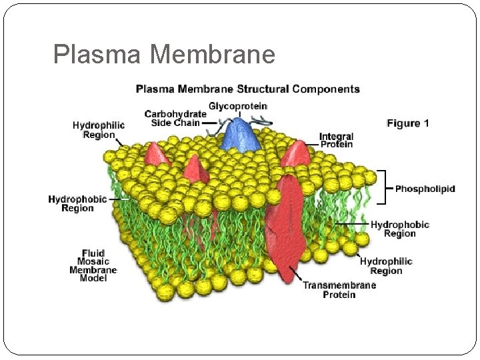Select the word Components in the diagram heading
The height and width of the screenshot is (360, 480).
tap(325, 89)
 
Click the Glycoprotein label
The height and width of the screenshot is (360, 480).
tap(238, 105)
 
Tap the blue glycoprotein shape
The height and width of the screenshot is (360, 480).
tap(241, 134)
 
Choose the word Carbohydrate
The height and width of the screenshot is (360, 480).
tap(176, 114)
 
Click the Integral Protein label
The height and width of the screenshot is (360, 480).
tap(336, 140)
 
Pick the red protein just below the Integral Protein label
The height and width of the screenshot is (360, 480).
tap(295, 154)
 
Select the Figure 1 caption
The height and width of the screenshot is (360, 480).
tap(408, 123)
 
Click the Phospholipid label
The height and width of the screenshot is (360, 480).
tap(425, 189)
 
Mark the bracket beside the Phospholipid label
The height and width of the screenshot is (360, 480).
tap(383, 187)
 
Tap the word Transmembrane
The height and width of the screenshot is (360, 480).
tap(339, 285)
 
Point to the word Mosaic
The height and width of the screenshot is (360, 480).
tap(93, 261)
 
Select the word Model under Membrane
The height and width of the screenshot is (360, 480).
tap(93, 278)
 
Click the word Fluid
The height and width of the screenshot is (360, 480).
tap(93, 253)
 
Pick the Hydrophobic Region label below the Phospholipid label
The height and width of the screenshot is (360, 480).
tap(399, 229)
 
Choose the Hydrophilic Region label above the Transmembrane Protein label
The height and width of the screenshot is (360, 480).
tap(386, 266)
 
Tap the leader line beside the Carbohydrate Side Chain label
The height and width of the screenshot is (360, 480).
tap(210, 123)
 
